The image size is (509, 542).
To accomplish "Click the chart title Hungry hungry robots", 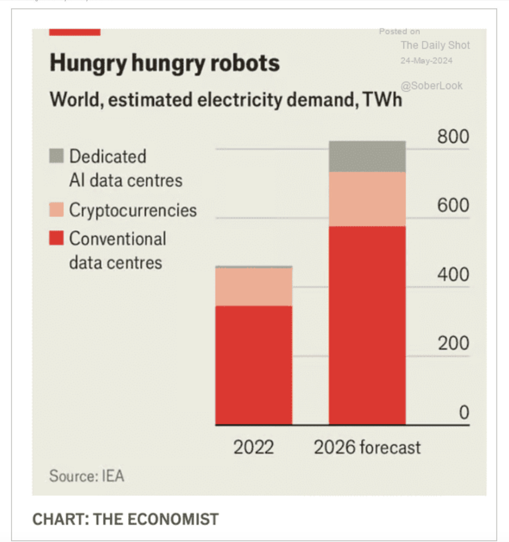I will tap(165, 63).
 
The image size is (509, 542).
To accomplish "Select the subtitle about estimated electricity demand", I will tap(226, 100).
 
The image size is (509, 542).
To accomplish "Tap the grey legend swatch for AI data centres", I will tap(56, 156).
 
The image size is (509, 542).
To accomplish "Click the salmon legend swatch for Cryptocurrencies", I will tap(56, 210).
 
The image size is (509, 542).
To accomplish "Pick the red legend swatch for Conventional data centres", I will tap(56, 238).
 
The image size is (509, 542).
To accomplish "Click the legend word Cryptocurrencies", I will tap(133, 210).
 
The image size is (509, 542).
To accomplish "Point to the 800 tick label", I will tap(453, 137).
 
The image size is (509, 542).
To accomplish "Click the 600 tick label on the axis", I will tap(453, 206).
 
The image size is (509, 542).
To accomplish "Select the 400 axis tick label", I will tap(453, 274).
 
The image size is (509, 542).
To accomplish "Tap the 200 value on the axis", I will tap(453, 343).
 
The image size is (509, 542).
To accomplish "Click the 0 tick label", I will tap(464, 413).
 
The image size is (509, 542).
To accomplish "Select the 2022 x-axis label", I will tap(253, 447).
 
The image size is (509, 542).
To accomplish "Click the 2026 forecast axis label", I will tap(367, 447).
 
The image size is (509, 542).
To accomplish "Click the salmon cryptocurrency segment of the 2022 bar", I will tap(254, 287).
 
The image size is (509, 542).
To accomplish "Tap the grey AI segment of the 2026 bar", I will tap(367, 156).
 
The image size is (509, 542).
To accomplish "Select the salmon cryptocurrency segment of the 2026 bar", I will tap(367, 199).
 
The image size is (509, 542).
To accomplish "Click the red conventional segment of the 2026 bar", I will tap(367, 325).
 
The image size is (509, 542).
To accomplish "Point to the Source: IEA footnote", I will tap(86, 476).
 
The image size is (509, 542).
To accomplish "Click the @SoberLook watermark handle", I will tap(431, 86).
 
